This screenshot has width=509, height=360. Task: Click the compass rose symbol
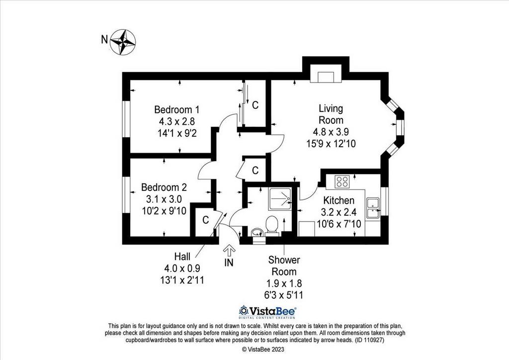[x=123, y=42]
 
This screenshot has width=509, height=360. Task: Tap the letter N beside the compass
[x=104, y=40]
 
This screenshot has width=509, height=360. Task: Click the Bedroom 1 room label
[x=177, y=110]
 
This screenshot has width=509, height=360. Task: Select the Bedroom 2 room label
[x=164, y=187]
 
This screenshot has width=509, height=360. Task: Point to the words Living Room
[x=331, y=114]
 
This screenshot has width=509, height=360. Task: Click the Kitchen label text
[x=339, y=200]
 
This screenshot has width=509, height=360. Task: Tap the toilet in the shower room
[x=271, y=226]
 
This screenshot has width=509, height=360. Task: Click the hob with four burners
[x=342, y=181]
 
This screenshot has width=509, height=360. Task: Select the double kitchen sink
[x=373, y=208]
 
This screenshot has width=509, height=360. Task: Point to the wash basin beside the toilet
[x=257, y=232]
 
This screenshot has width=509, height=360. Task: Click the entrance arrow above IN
[x=229, y=251]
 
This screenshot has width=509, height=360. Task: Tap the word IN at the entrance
[x=229, y=262]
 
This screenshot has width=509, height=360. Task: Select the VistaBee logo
[x=267, y=312]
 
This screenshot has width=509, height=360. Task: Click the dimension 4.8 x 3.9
[x=331, y=132]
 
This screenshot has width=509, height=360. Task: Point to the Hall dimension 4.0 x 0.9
[x=182, y=268]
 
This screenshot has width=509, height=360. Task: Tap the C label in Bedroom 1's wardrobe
[x=255, y=105]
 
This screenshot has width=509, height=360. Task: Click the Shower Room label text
[x=284, y=266]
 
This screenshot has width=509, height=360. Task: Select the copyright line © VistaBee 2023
[x=263, y=350]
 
